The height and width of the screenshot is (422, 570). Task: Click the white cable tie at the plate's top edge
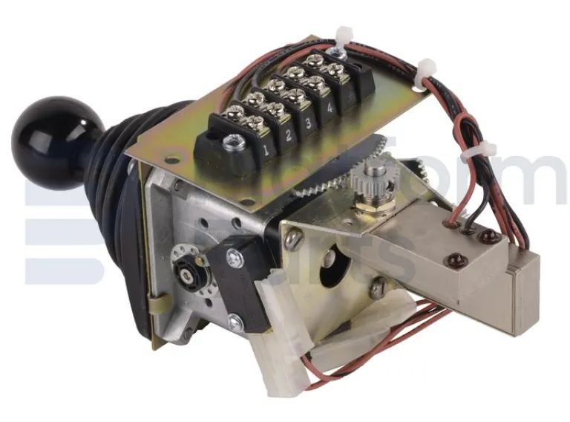343,36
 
